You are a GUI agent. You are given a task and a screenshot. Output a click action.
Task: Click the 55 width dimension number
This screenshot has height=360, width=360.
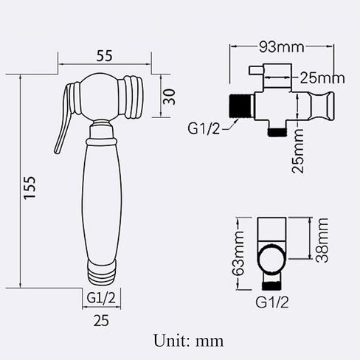[x=104, y=56]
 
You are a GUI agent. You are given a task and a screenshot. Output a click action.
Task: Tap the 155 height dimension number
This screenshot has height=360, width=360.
[x=30, y=187]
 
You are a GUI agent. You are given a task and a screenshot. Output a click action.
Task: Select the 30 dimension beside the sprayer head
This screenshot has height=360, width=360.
[x=170, y=97]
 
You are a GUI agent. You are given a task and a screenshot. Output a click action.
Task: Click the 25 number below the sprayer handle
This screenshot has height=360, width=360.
[x=101, y=321]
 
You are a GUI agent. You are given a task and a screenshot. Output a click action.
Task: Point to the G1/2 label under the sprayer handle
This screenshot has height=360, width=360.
[x=101, y=298]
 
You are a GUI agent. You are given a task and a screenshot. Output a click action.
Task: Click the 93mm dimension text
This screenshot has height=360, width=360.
[x=282, y=46]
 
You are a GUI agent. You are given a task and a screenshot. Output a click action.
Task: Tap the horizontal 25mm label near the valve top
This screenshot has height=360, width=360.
[x=322, y=78]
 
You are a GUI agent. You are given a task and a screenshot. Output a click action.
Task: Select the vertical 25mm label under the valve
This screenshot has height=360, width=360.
[x=298, y=150]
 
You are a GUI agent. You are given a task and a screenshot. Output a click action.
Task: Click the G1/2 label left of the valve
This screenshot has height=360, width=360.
[x=204, y=128]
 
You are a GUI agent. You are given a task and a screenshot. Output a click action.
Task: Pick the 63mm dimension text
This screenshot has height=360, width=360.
[x=238, y=253]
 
